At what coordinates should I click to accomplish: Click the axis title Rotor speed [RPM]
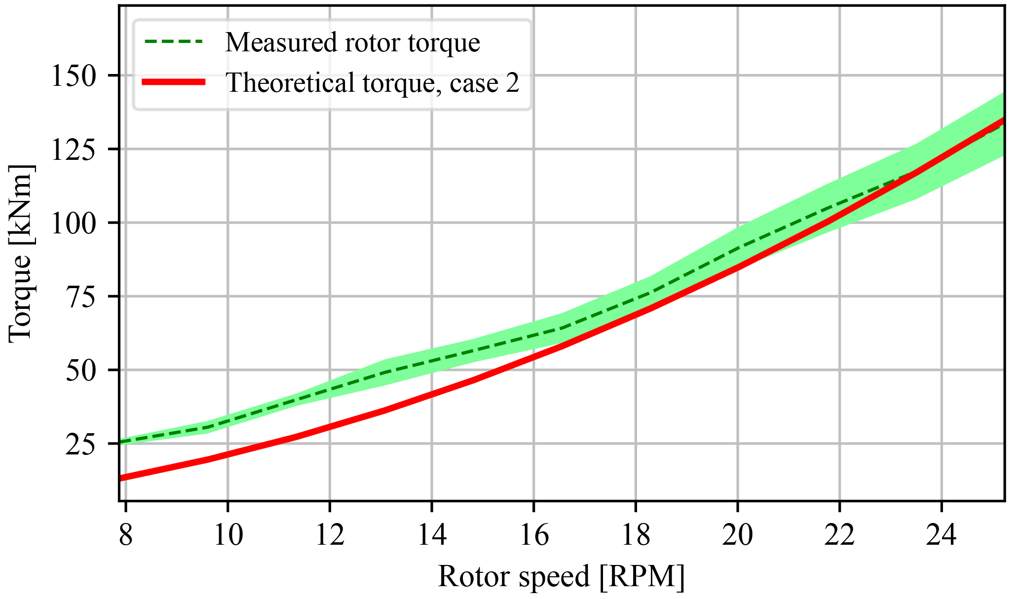[561, 576]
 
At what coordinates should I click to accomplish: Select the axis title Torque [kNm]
[21, 252]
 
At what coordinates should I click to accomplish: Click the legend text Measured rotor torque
[352, 42]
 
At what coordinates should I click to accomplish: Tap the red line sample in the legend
[173, 82]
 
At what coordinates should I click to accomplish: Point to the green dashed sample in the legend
[173, 42]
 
